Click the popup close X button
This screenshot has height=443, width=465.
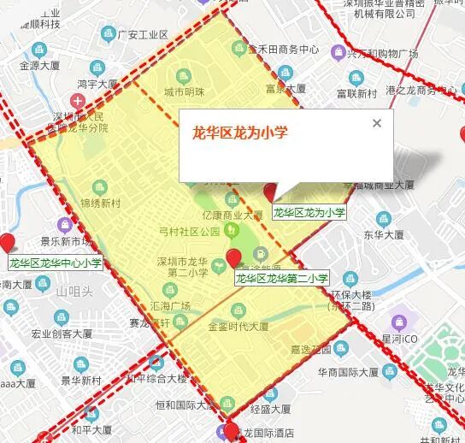[377, 123]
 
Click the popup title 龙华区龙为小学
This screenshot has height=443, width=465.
[239, 133]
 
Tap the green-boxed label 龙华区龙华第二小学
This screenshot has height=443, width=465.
[282, 278]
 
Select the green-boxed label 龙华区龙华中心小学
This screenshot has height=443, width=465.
[55, 263]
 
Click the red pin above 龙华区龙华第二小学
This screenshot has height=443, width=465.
[233, 258]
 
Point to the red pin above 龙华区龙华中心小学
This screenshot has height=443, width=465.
[9, 243]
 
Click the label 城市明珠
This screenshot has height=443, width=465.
[185, 92]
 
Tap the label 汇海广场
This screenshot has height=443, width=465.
[171, 305]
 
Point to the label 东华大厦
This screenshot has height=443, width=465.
[384, 233]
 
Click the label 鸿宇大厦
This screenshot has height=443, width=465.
[97, 85]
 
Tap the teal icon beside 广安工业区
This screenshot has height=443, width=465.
[109, 34]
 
